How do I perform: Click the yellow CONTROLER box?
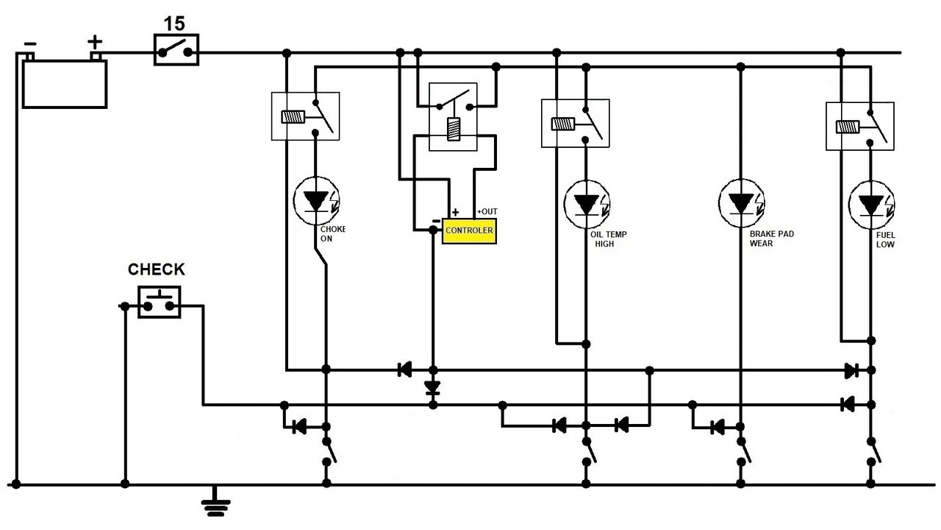tap(469, 231)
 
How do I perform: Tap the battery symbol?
tap(65, 82)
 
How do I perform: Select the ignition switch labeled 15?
tap(176, 52)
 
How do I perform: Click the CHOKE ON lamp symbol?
tap(316, 200)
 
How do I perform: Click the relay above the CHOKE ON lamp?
tap(305, 116)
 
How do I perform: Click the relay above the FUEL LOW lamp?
tap(859, 126)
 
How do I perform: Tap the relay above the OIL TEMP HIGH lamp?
tap(576, 123)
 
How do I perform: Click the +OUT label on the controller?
tap(487, 211)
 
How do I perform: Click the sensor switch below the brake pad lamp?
tap(743, 451)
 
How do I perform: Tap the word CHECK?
tap(157, 270)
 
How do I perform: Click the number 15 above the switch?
tap(174, 24)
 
